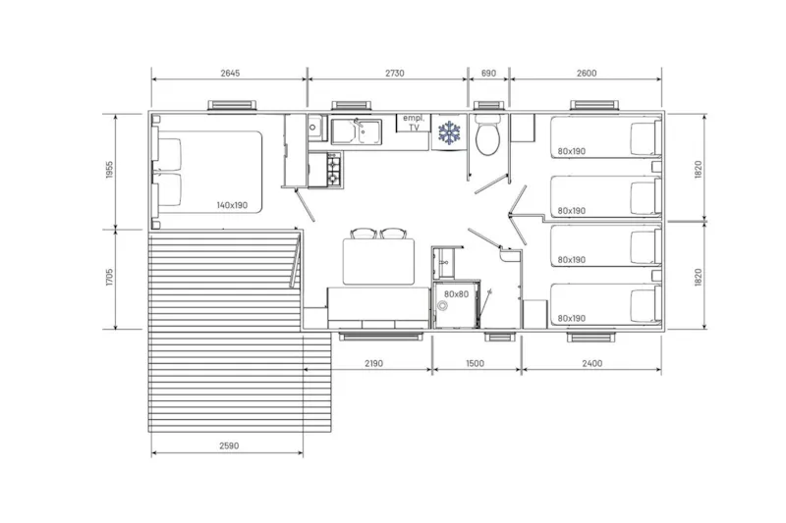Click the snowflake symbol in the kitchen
(449, 133)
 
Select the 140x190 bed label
(233, 205)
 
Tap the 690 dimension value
(488, 73)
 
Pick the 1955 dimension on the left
(109, 171)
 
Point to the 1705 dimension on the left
(109, 279)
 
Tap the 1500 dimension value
(476, 363)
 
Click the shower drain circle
(442, 305)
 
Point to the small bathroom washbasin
(507, 257)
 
